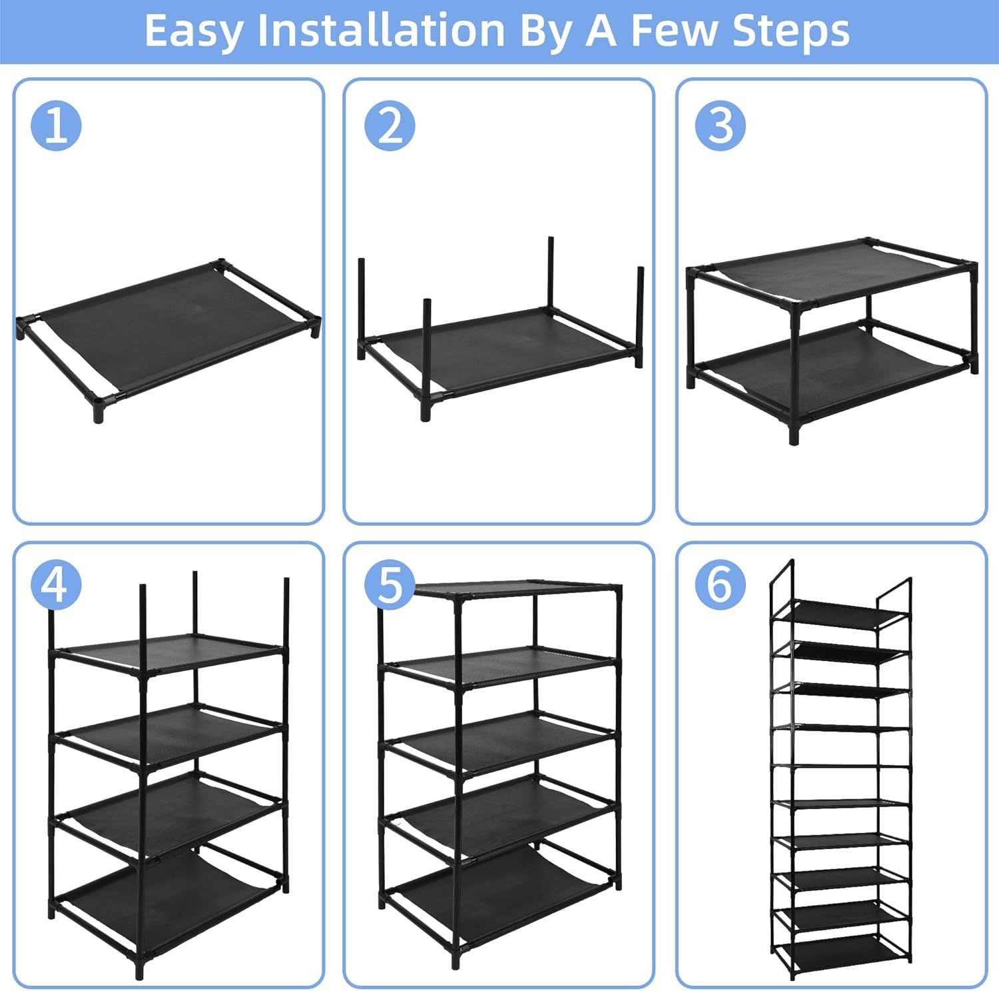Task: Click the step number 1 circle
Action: pyautogui.click(x=57, y=125)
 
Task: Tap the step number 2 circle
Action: pyautogui.click(x=390, y=125)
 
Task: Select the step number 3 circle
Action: pyautogui.click(x=721, y=125)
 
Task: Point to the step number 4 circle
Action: pyautogui.click(x=57, y=585)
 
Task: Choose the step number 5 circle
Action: pyautogui.click(x=390, y=585)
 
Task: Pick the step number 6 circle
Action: pyautogui.click(x=721, y=585)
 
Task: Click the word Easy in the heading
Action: pyautogui.click(x=192, y=31)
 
